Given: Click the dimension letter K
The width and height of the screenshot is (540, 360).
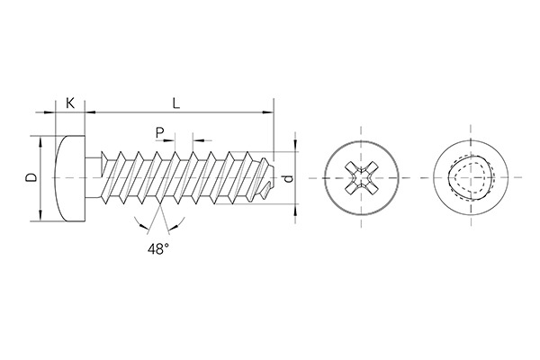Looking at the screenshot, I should click(x=68, y=103).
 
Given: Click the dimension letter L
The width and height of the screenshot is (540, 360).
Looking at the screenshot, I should click(x=177, y=103).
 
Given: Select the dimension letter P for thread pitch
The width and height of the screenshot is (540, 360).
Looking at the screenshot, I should click(x=160, y=132).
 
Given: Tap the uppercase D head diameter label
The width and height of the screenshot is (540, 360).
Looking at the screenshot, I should click(x=31, y=178).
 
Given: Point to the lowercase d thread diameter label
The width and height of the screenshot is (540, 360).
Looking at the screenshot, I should click(x=288, y=178).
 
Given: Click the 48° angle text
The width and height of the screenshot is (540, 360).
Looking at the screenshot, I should click(x=158, y=249).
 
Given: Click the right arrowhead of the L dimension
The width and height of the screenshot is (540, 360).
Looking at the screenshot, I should click(x=268, y=112).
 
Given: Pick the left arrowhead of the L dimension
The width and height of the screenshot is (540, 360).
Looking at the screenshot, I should click(x=88, y=112).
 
